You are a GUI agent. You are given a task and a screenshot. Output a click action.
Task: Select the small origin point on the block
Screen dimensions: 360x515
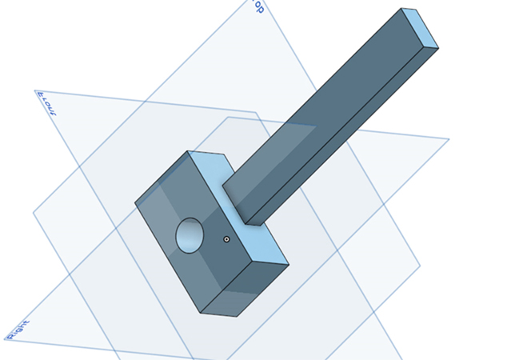tap(227, 238)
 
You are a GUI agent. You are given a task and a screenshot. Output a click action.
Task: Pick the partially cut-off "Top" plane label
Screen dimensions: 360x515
tap(258, 6)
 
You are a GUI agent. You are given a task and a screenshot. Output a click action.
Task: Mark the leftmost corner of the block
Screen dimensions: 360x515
tap(135, 202)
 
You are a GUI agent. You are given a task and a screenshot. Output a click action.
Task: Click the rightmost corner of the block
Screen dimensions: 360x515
tap(288, 262)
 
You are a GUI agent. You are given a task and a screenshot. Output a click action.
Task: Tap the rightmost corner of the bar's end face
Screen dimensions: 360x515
tap(439, 47)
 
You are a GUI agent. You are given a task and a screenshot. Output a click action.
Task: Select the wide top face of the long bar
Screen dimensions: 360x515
tap(320, 104)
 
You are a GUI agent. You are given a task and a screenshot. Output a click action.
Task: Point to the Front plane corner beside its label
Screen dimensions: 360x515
tap(35, 91)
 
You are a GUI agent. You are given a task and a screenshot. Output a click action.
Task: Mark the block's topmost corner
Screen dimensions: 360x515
tap(189, 150)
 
